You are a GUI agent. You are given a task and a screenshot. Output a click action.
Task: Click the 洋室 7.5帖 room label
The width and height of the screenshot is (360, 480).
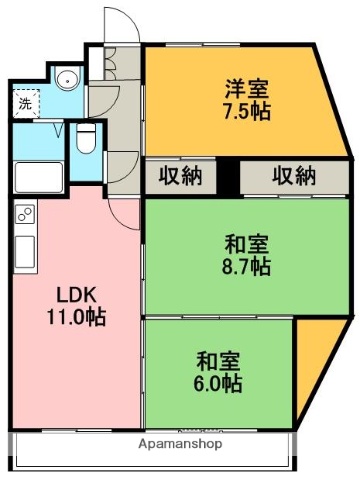[245, 97]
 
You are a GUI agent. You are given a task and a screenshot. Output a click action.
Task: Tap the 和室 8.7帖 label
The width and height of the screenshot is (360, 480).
[245, 255]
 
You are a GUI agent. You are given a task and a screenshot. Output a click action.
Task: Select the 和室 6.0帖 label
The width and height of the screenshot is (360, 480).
[218, 371]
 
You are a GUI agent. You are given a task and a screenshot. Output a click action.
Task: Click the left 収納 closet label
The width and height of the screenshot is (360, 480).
[180, 176]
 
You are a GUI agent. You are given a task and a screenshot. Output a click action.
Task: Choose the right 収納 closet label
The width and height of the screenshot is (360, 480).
[292, 176]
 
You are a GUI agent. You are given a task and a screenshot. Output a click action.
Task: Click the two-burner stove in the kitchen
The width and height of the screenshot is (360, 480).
[24, 214]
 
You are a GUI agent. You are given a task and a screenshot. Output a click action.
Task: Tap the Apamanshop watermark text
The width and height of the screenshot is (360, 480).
[180, 443]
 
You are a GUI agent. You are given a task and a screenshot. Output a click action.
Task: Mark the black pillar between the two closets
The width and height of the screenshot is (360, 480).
[231, 176]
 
